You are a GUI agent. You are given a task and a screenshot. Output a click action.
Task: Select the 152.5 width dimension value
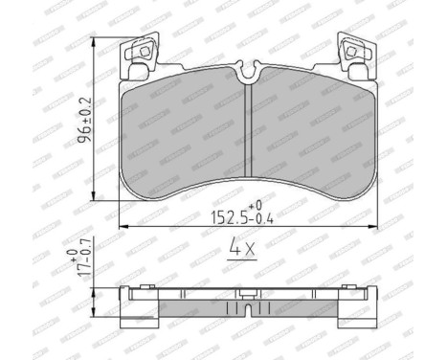[x=226, y=216]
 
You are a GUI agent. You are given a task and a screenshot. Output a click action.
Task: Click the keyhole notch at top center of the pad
[x=246, y=72]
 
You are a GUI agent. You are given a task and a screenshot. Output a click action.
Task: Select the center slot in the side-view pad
[x=246, y=312]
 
